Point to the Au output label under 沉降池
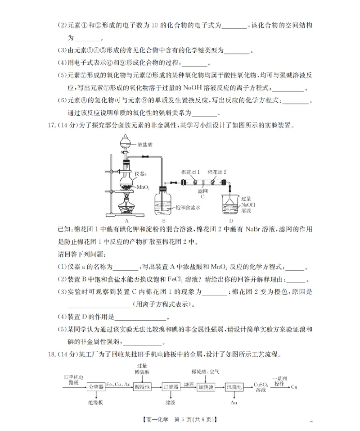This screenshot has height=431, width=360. [234, 402]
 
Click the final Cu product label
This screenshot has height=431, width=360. [294, 386]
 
